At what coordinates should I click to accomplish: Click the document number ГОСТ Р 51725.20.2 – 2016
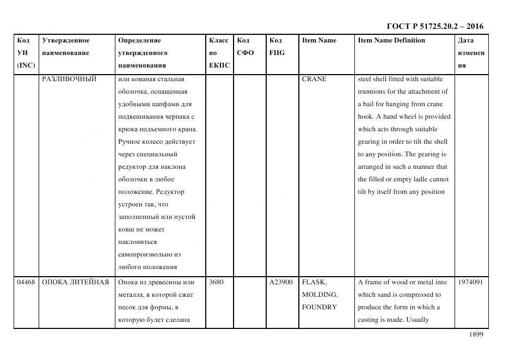coord(434,26)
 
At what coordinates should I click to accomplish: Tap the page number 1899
coord(476,334)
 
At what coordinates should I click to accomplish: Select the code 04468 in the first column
coord(26,282)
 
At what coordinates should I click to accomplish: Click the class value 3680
coord(216,282)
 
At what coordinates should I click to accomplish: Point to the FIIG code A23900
coord(281,282)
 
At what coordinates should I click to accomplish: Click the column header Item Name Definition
coord(391,40)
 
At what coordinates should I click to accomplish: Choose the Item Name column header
coord(319,40)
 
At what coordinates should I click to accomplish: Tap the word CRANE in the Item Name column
coord(314,79)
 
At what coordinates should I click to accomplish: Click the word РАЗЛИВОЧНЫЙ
coord(69,79)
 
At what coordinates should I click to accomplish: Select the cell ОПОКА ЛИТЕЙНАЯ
coord(75,282)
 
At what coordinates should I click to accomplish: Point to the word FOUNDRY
coord(320,307)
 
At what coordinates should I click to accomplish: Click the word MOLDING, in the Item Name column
coord(320,295)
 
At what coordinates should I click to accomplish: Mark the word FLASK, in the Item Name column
coord(314,282)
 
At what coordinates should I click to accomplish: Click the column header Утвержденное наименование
coord(65,47)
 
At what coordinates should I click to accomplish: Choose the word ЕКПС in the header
coord(219,65)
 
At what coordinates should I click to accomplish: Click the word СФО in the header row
coord(246,53)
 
